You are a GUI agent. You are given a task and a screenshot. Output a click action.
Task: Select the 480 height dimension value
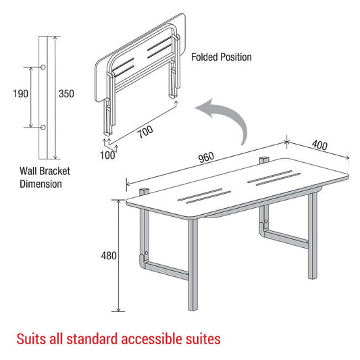109,255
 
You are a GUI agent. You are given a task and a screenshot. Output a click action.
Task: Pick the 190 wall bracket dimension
20,93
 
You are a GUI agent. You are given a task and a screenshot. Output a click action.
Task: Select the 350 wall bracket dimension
66,93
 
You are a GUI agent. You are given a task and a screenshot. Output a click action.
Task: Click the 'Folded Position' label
222,57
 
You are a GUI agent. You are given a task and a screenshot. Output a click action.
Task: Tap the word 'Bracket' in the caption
55,172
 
